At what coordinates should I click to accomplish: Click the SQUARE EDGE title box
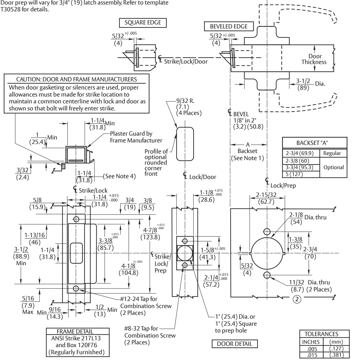coord(143,23)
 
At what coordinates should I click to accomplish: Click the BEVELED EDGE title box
coord(229,26)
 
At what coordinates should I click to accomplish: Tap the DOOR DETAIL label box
coord(235,344)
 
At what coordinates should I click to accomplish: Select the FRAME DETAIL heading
coord(75,331)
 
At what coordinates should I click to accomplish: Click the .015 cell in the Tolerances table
coord(311,355)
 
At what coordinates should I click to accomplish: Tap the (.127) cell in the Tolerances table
coord(336,349)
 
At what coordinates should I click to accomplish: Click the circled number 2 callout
coord(297,299)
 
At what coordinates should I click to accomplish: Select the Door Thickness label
coord(314,59)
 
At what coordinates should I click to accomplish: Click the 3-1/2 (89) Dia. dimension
coord(310,84)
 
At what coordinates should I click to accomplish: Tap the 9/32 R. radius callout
coord(185,101)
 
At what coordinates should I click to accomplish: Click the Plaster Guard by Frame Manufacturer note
coord(136,137)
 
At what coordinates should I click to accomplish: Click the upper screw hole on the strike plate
coord(76,219)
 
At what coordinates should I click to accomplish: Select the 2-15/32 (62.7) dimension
coord(266,198)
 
